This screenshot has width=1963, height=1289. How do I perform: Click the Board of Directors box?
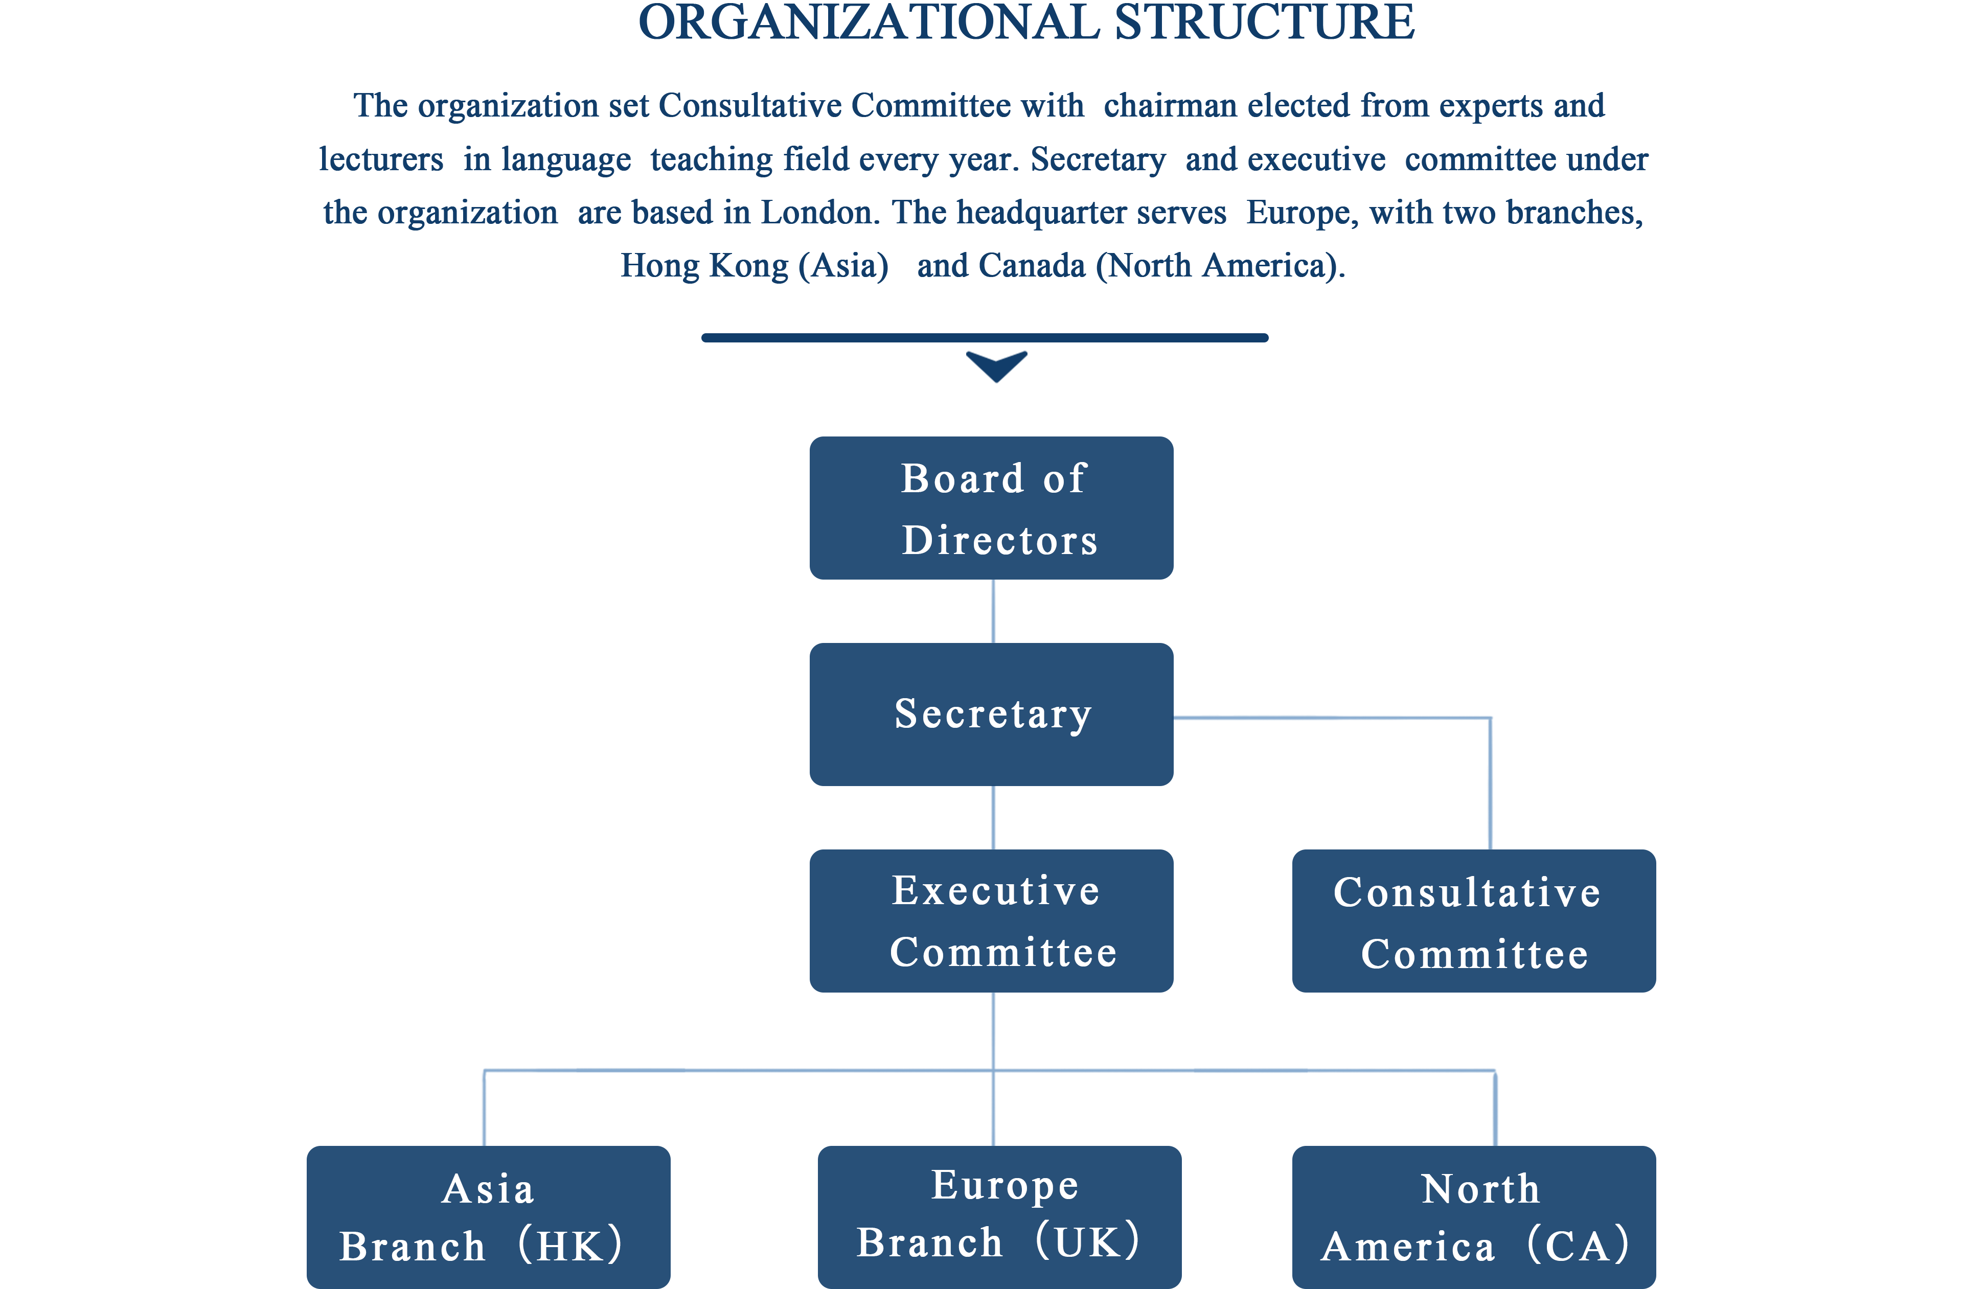(991, 508)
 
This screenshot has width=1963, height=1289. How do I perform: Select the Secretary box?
(991, 714)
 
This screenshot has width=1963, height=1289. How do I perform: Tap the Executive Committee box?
(991, 920)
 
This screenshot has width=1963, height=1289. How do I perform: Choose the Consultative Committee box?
(1474, 920)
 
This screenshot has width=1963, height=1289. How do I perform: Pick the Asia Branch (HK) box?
(488, 1216)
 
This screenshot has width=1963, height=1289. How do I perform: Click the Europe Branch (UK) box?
(999, 1216)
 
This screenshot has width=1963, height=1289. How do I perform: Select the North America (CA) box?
(1474, 1216)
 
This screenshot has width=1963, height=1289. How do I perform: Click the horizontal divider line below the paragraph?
(985, 337)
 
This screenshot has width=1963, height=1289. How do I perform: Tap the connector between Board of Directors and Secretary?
(993, 611)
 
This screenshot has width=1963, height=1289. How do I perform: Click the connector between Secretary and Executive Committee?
(993, 817)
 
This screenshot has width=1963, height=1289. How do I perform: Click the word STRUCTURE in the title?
(1264, 22)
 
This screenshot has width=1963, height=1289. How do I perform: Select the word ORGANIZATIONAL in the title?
(869, 22)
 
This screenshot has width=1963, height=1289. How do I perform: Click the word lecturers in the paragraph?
(381, 159)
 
